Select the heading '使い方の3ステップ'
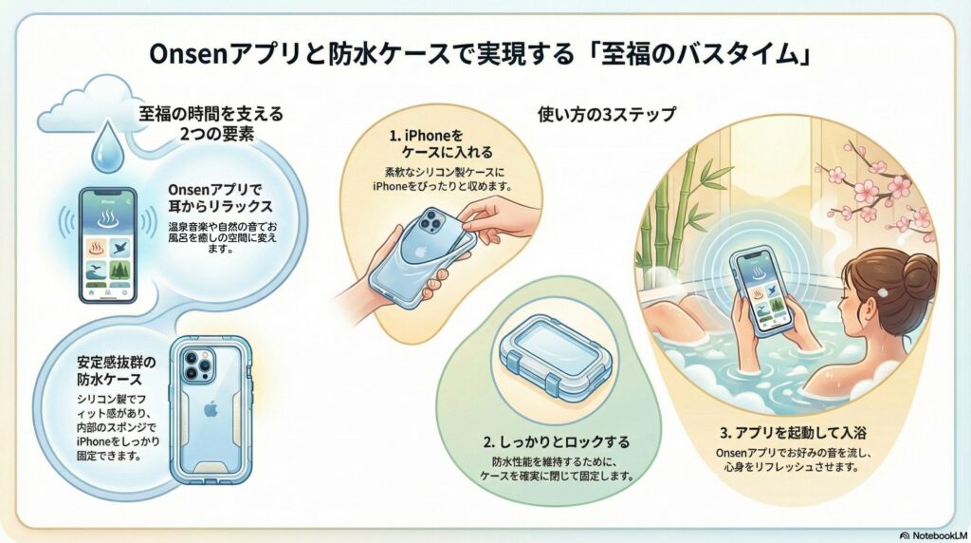pos(606,115)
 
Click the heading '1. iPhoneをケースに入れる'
pos(442,143)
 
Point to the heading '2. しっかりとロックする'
pos(556,442)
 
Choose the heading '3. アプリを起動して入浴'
pos(793,432)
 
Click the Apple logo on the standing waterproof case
pos(211,409)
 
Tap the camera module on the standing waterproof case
pos(198,365)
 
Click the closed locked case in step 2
pos(556,360)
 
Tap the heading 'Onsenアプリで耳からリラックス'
pos(220,197)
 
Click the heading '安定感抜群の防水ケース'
pos(117,370)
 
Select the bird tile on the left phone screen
pos(120,248)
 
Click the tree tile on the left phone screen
pos(120,271)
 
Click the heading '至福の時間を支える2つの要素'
pos(211,123)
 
